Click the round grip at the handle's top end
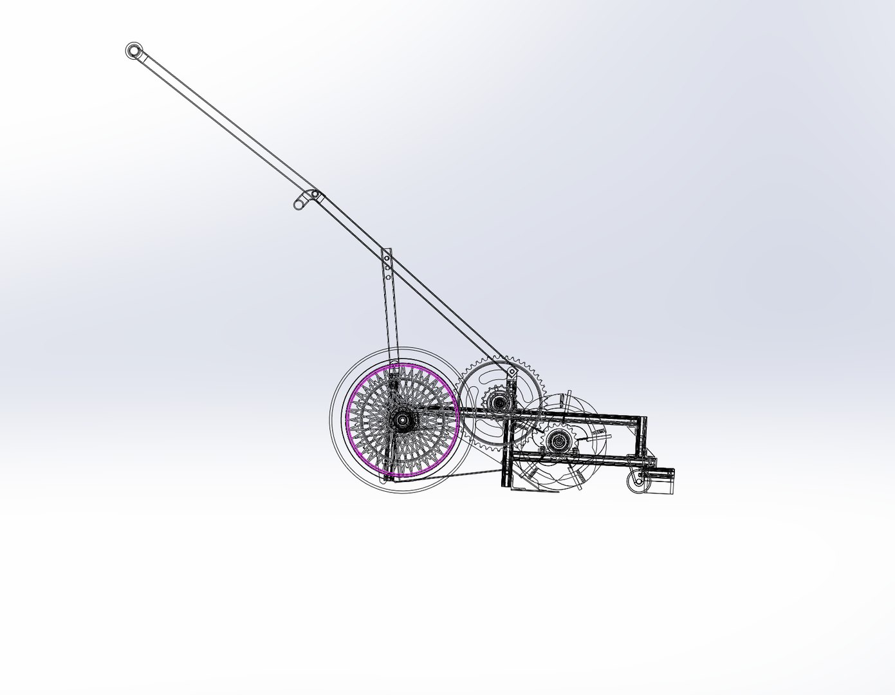click(x=133, y=50)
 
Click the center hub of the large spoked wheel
click(x=402, y=420)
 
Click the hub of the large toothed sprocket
click(x=498, y=403)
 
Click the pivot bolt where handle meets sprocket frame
click(x=512, y=373)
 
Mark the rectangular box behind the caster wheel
click(x=661, y=481)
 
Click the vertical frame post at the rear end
click(x=642, y=438)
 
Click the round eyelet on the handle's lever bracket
click(x=299, y=205)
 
